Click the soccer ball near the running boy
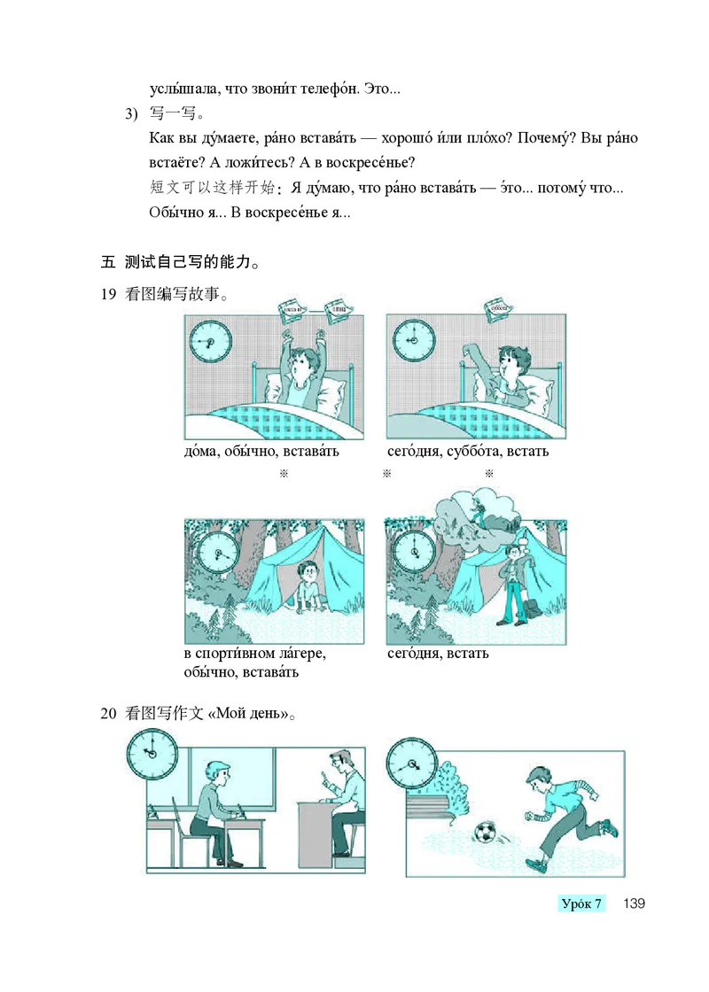[485, 833]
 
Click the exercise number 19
[109, 297]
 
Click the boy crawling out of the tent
[308, 585]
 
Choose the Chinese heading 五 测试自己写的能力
[181, 262]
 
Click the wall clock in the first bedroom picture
[210, 341]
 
